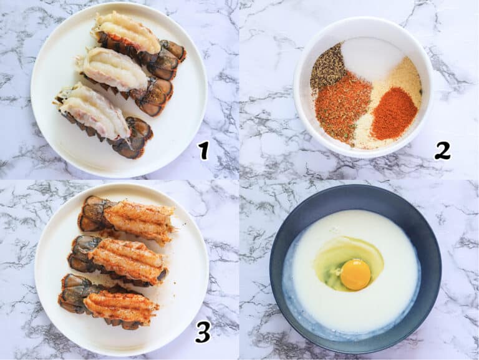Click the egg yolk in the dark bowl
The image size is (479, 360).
(x=356, y=275)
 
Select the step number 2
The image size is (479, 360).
(x=443, y=151)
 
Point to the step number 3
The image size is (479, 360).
(x=203, y=333)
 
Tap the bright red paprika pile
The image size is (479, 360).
(x=394, y=114)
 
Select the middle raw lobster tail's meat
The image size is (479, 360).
(x=114, y=69)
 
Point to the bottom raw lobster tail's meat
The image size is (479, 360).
(x=95, y=109)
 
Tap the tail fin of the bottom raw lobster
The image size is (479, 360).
(x=135, y=139)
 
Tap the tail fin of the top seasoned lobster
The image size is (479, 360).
(x=95, y=214)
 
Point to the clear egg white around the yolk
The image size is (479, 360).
(x=348, y=260)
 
